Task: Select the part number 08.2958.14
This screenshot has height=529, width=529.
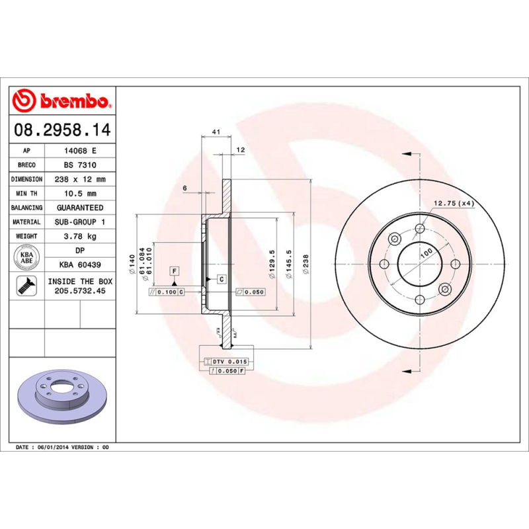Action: [x=62, y=128]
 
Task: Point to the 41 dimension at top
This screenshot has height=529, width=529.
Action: [x=216, y=132]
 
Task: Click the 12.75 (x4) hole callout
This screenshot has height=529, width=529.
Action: [x=455, y=203]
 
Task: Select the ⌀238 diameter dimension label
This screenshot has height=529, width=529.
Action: [x=305, y=264]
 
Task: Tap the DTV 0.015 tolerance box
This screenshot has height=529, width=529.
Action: [x=226, y=362]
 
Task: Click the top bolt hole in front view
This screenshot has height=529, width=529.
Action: [x=420, y=229]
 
